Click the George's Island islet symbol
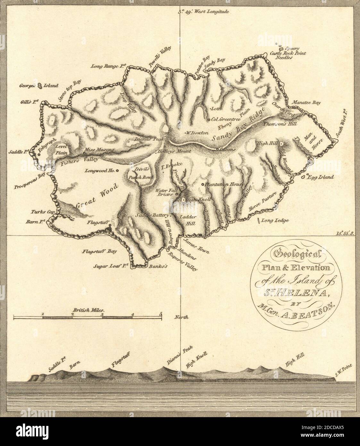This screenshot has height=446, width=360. tap(39, 86)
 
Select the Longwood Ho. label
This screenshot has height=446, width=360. tap(99, 171)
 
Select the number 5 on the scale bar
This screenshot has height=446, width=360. tap(161, 314)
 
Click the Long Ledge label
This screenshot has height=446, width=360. tap(276, 220)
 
